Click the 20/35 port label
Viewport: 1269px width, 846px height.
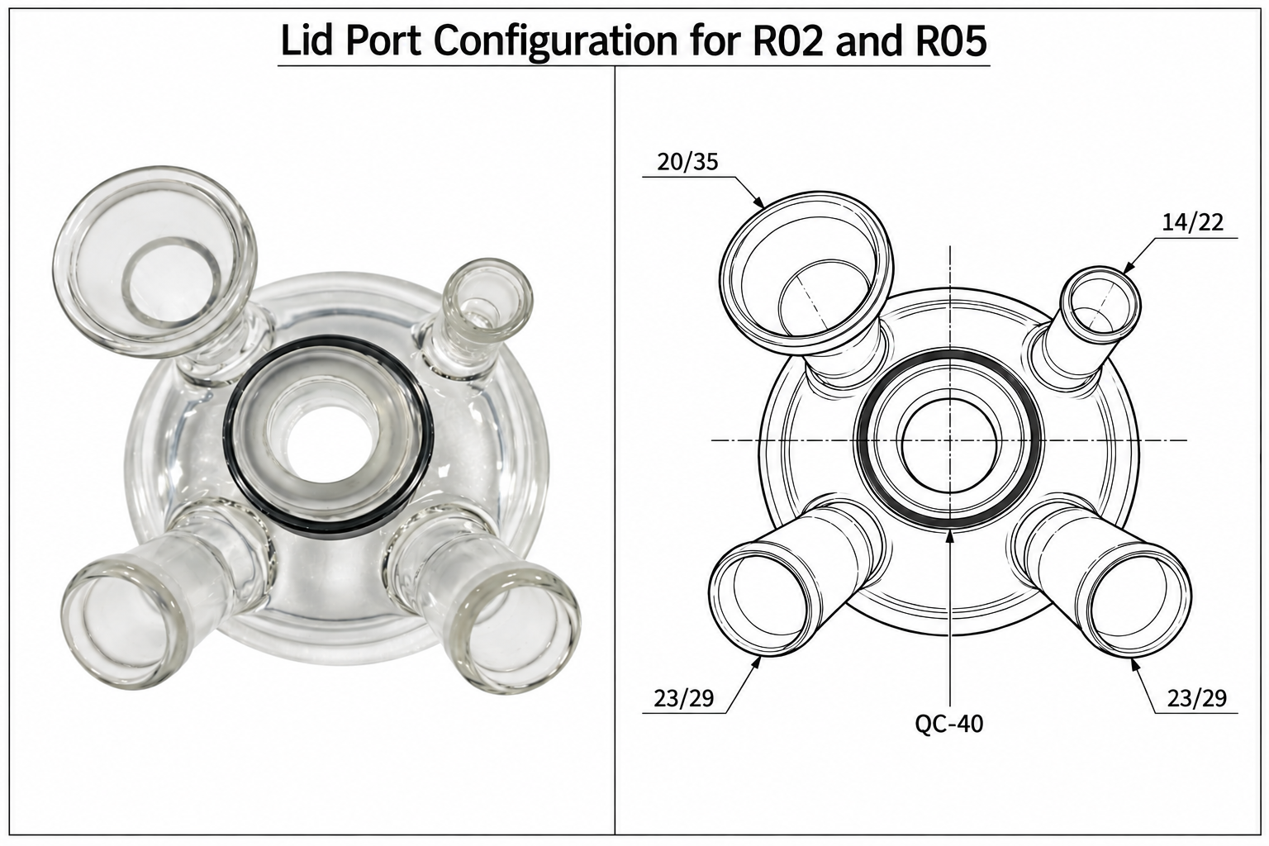coord(687,162)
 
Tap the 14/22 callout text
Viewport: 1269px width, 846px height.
coord(1192,222)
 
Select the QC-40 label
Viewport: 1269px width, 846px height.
coord(949,724)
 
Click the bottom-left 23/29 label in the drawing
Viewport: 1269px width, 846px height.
coord(684,699)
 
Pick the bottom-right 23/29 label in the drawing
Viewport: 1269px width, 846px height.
coord(1196,699)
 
